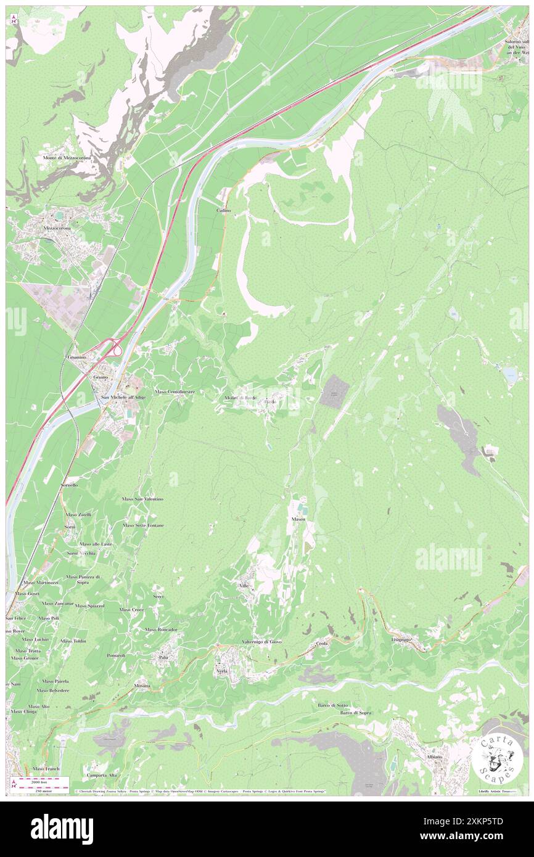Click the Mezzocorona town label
click(x=57, y=228)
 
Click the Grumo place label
click(x=101, y=377)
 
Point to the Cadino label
click(x=223, y=210)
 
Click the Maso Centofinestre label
click(x=175, y=392)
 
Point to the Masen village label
click(x=298, y=519)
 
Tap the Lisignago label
click(x=401, y=639)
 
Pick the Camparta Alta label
click(x=102, y=775)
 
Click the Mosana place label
click(x=142, y=686)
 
